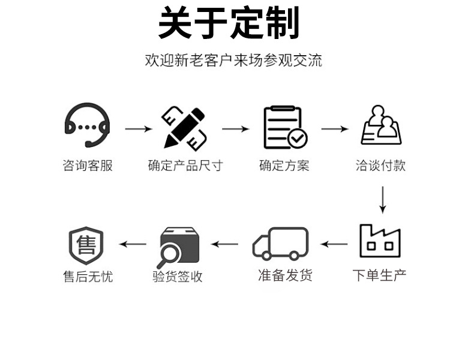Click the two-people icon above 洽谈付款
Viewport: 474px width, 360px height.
(x=382, y=125)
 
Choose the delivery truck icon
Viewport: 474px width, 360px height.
(x=280, y=244)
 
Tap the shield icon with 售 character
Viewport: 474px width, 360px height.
(x=87, y=245)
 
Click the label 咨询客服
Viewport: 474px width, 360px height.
(x=88, y=166)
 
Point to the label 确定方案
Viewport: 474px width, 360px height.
(x=284, y=166)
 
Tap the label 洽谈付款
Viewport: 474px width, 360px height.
(x=380, y=166)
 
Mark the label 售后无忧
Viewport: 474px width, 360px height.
(x=88, y=277)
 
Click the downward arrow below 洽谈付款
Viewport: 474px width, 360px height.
(x=382, y=200)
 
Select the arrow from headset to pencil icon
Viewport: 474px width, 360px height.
(x=138, y=128)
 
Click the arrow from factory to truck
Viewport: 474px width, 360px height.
(x=334, y=244)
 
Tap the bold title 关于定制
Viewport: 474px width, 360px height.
(x=229, y=24)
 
